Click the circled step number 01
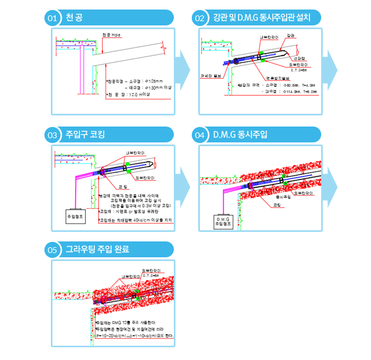pos(52,19)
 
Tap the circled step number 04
pos(200,135)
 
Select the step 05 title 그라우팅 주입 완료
pos(97,249)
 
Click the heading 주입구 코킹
pos(85,134)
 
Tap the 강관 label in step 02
pos(290,35)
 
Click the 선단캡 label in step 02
pos(306,57)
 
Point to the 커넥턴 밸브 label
pos(210,75)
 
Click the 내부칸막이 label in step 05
pos(130,276)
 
